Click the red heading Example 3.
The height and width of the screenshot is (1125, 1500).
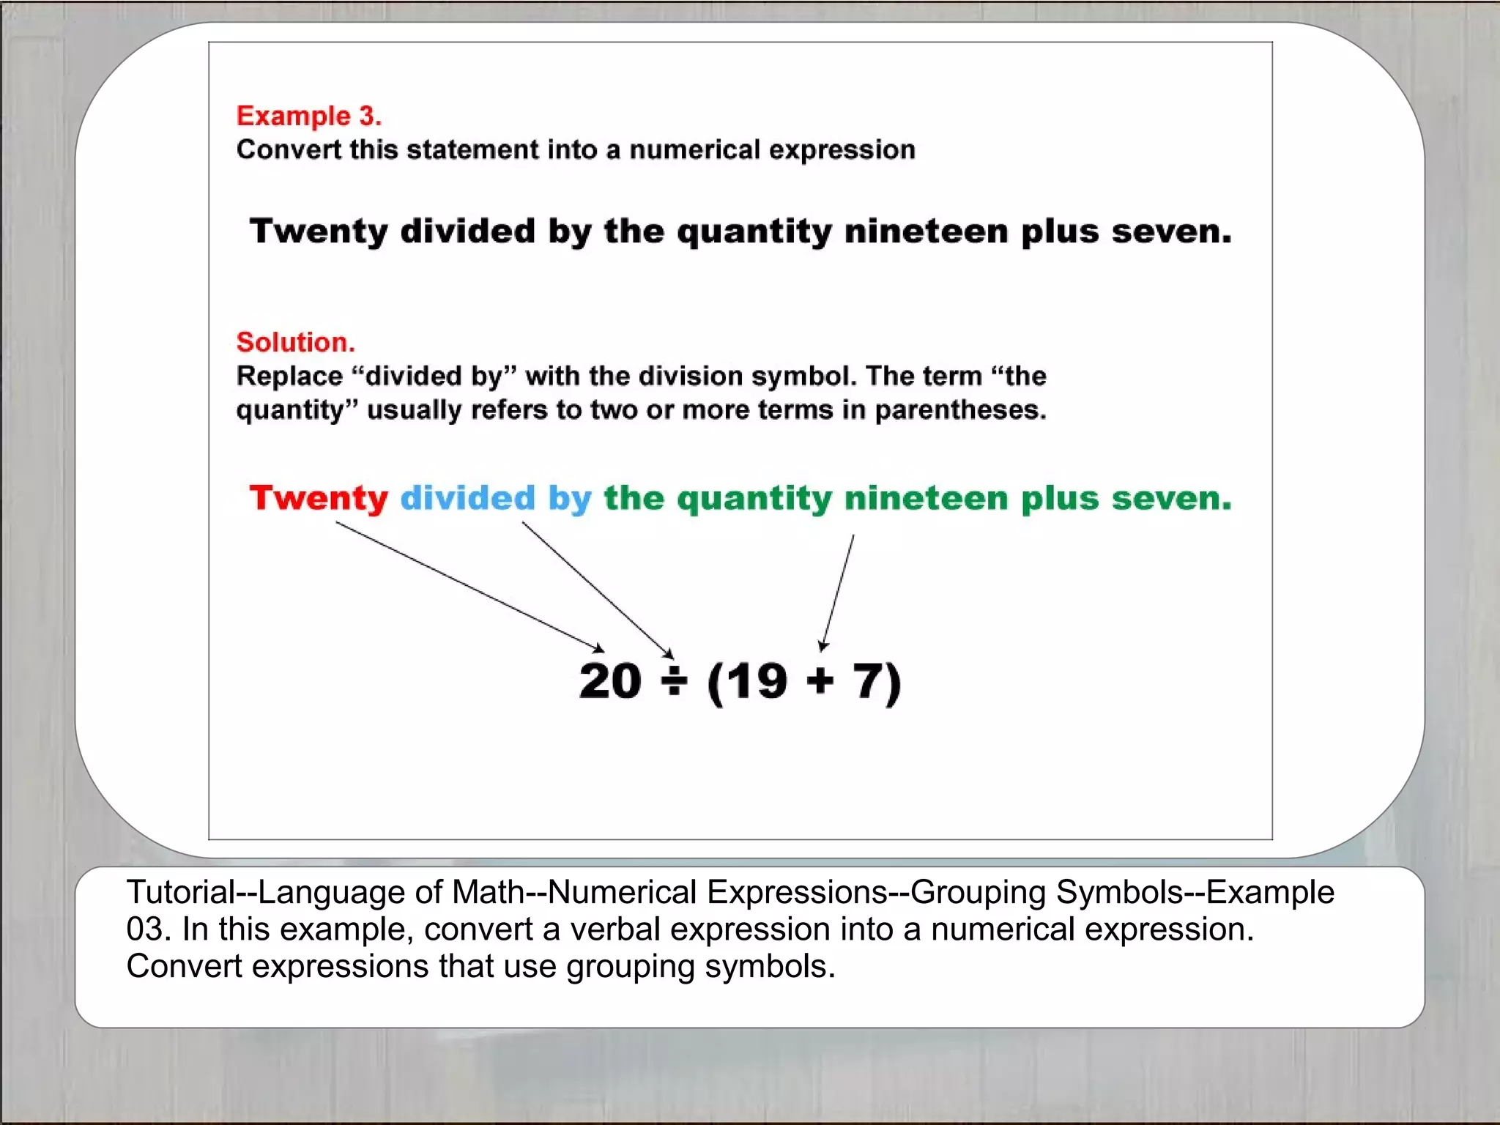pos(308,116)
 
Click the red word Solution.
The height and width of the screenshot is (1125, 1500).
pos(295,342)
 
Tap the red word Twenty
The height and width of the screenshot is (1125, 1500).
pos(319,498)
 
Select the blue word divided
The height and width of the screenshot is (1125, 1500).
pos(468,498)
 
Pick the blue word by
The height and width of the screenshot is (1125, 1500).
pos(570,500)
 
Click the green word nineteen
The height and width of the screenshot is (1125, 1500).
pos(927,498)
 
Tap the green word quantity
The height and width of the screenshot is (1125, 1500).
pos(754,500)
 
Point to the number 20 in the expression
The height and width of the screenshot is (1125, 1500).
pos(610,681)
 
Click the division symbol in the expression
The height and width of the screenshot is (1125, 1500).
pos(674,681)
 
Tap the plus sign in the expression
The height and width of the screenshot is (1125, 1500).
pos(820,681)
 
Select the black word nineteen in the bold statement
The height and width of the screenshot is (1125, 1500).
pos(927,231)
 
